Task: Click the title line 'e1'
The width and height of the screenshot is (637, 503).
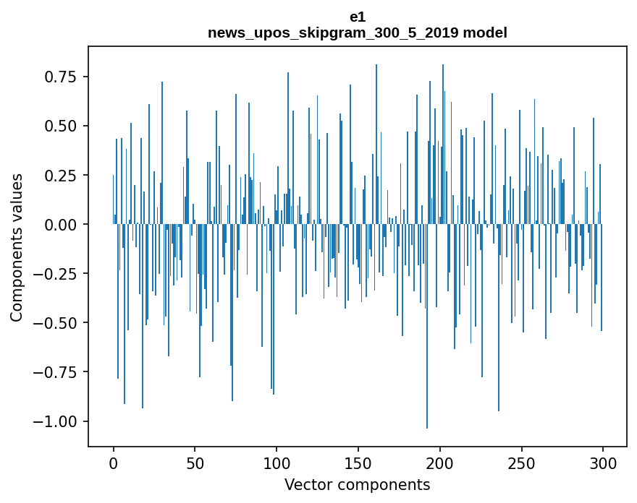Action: pos(357,19)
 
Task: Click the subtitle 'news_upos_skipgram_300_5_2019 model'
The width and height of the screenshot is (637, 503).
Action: pos(357,33)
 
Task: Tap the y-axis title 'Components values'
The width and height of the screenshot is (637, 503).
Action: pos(16,247)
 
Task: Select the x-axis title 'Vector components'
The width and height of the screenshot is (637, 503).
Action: pos(357,485)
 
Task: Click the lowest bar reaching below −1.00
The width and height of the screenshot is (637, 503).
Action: pos(427,361)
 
